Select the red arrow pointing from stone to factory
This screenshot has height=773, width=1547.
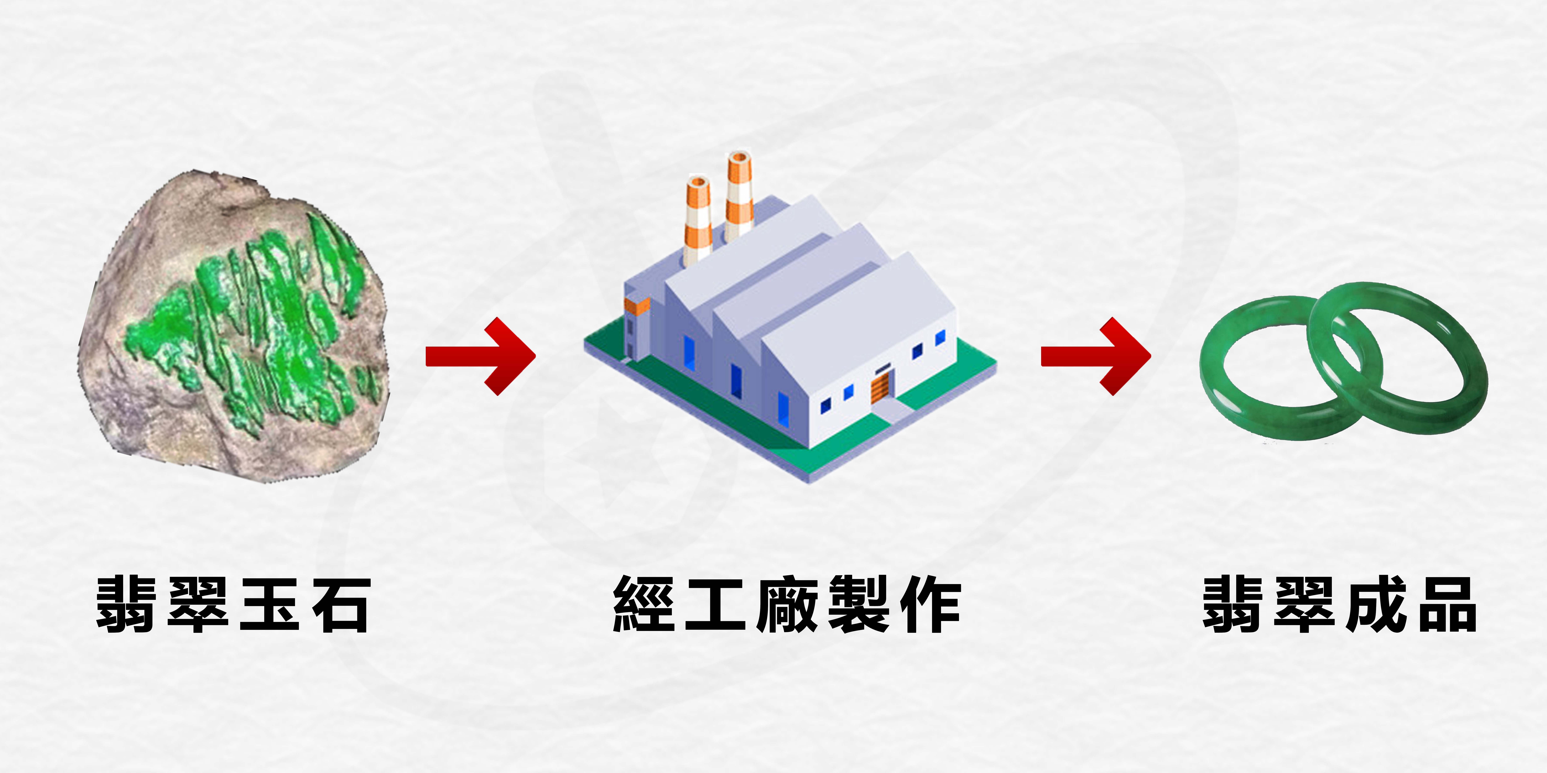[x=480, y=356]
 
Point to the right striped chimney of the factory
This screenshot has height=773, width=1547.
[x=739, y=195]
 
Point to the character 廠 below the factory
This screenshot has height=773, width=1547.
[x=787, y=605]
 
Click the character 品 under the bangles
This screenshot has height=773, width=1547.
[x=1447, y=605]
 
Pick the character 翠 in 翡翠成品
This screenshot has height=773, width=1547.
[x=1304, y=605]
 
